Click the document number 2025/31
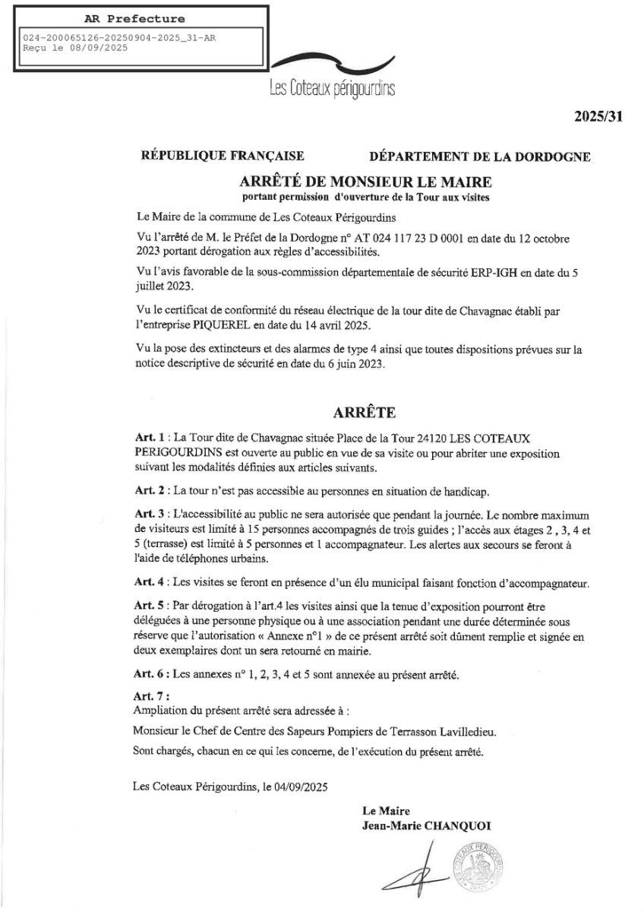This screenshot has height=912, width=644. pos(598,116)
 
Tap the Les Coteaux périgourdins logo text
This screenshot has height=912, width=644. pos(333,89)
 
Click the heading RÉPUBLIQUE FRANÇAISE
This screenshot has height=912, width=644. pos(223,157)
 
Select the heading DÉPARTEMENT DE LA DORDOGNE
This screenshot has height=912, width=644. pos(480,157)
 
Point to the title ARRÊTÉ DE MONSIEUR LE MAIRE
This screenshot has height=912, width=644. pos(366,182)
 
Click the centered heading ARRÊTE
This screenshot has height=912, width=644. pos(365,413)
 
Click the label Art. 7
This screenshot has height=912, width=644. pos(150,695)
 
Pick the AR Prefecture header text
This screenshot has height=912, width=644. pos(134,18)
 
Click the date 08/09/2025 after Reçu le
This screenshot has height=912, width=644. pos(97,46)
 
